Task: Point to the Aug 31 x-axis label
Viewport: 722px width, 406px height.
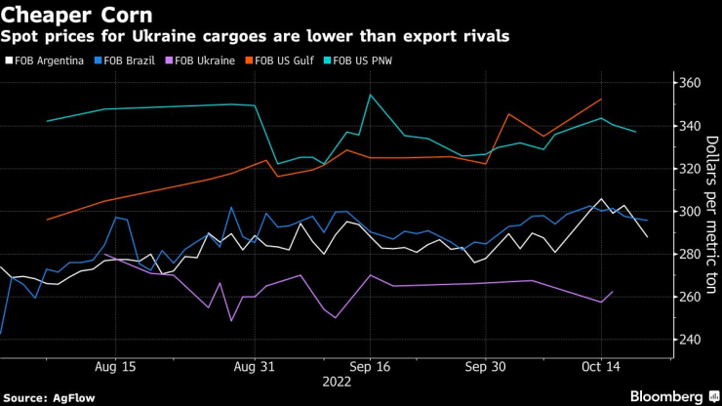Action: point(255,367)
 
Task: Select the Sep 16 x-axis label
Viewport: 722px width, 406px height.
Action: point(371,367)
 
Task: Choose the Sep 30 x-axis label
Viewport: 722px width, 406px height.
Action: point(486,367)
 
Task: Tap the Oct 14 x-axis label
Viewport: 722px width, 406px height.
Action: point(600,367)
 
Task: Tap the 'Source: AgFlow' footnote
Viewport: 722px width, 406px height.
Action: point(44,396)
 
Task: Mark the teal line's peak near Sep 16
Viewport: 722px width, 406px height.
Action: point(370,95)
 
